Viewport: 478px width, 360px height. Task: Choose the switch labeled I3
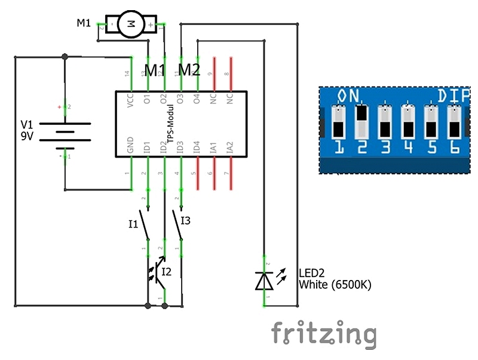point(178,221)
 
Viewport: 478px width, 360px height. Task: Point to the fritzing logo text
point(323,334)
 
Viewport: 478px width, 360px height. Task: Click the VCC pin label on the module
point(131,100)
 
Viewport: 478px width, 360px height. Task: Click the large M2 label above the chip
point(189,70)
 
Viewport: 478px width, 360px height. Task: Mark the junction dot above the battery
point(65,57)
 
